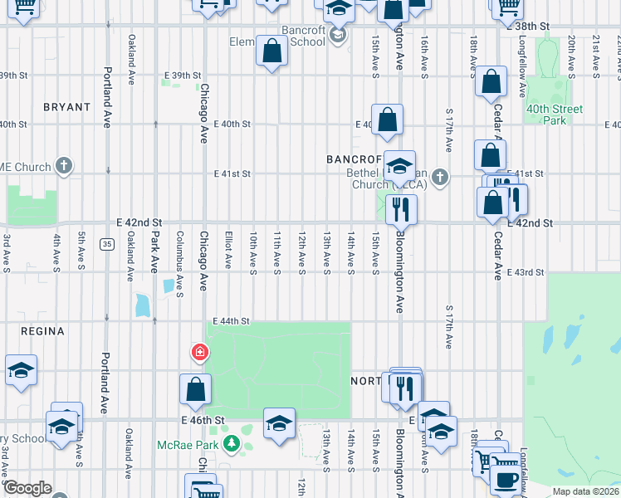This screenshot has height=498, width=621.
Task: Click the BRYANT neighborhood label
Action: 66,107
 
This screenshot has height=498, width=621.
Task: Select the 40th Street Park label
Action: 555,115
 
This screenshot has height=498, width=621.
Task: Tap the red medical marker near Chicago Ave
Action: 199,353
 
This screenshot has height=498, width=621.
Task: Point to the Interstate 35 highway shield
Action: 107,244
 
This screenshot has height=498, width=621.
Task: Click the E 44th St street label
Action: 232,321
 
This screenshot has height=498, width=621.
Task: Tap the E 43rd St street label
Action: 526,272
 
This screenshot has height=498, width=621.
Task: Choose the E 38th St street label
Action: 533,27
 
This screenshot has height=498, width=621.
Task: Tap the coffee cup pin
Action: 506,479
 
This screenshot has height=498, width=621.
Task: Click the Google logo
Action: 27,488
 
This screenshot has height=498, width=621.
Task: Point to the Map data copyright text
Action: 585,491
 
